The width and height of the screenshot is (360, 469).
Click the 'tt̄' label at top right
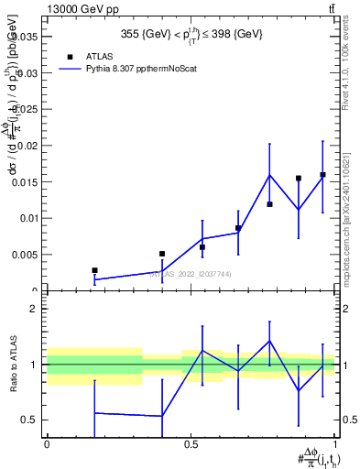coord(331,8)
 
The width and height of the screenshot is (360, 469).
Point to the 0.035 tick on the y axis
coord(27,38)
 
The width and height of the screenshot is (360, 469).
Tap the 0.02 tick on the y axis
coord(30,146)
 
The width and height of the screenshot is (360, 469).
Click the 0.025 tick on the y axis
coord(27,110)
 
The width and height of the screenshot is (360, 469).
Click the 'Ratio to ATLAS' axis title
coord(12,365)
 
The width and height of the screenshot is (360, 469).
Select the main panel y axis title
coord(12,156)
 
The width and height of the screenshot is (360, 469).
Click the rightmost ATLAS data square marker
coord(322,175)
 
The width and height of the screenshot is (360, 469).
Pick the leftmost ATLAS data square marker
coord(94,270)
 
